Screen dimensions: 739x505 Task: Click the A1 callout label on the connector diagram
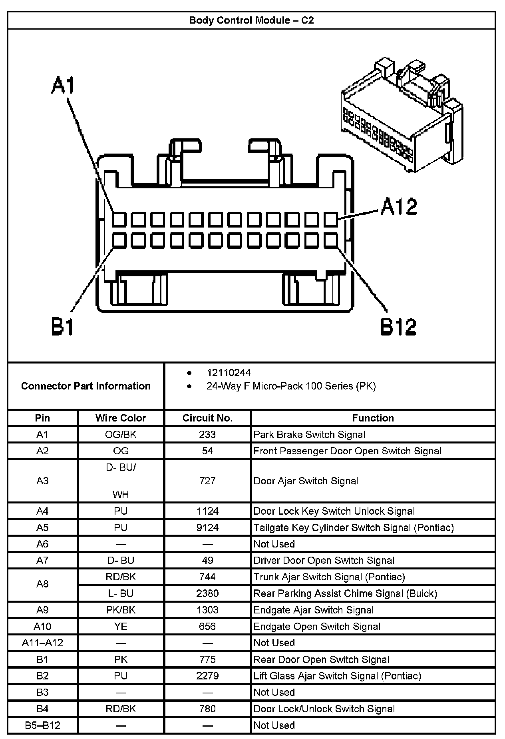click(63, 86)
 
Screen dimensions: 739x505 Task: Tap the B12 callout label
click(398, 327)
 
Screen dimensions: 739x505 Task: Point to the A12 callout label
click(398, 207)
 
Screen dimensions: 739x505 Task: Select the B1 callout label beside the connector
click(63, 327)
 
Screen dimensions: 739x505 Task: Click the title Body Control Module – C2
click(251, 20)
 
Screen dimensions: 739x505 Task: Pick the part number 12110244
click(229, 373)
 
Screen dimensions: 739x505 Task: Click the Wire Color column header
click(121, 418)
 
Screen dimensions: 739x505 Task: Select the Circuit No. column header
click(207, 418)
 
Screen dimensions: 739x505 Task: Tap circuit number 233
click(207, 435)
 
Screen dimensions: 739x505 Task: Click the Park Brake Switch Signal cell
click(309, 435)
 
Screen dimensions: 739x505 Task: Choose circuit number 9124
click(207, 527)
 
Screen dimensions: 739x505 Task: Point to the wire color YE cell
click(121, 626)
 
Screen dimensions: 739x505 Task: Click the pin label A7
click(42, 560)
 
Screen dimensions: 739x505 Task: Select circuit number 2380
click(207, 593)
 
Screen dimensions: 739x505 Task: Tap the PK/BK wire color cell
click(121, 610)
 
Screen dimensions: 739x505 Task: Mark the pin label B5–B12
click(42, 725)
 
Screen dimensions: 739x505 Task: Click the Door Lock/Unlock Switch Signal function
click(324, 709)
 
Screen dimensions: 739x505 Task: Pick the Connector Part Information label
click(86, 386)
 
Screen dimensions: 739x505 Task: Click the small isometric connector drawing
click(402, 116)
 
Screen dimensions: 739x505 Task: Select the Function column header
click(373, 418)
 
